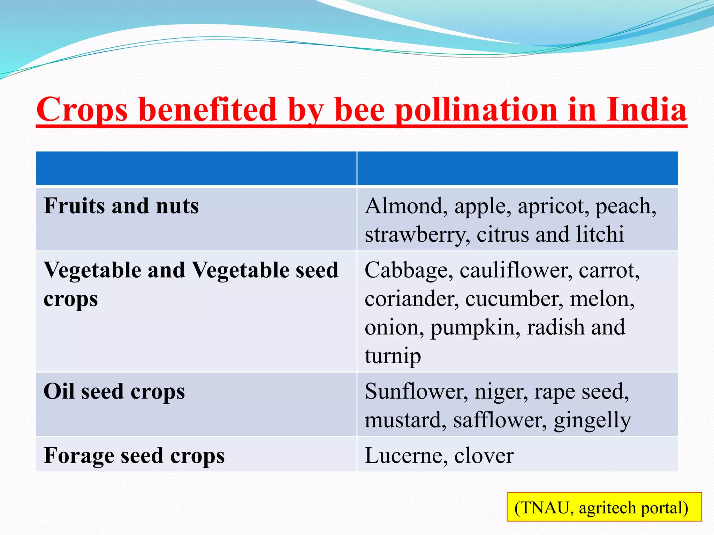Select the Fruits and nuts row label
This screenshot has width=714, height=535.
click(121, 206)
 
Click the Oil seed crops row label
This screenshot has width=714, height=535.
click(114, 391)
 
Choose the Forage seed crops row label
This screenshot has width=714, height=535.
click(134, 456)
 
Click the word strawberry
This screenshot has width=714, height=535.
click(417, 235)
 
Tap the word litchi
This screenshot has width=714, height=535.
click(600, 234)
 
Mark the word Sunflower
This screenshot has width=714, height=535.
click(416, 391)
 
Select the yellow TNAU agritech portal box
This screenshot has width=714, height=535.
click(604, 507)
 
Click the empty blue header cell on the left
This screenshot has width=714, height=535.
click(196, 168)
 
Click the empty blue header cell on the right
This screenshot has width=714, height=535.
click(517, 168)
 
